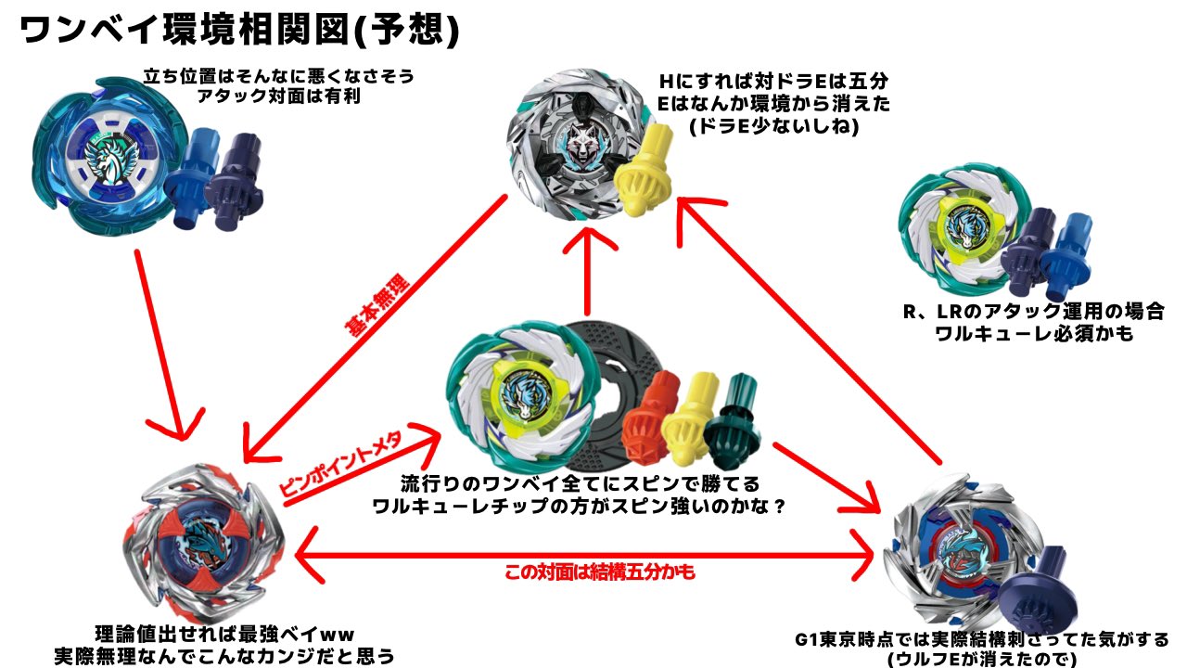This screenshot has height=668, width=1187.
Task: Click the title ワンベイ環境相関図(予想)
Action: coord(239,31)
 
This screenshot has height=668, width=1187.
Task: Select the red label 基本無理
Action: coord(381,309)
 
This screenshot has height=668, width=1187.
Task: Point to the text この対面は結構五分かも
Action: coord(599,572)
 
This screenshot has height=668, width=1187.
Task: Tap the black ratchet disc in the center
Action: coord(603,399)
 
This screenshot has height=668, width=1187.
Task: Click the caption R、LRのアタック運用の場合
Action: coord(1033,311)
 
